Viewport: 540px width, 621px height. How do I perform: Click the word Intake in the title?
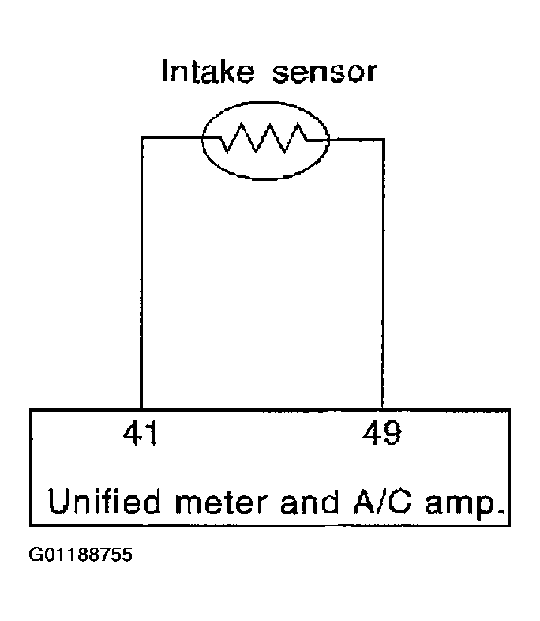208,71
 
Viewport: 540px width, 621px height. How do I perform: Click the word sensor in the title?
324,73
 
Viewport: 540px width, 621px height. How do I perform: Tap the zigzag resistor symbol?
264,138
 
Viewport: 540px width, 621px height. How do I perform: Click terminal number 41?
141,433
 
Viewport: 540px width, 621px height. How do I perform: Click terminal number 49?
382,433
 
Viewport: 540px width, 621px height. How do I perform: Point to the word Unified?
104,501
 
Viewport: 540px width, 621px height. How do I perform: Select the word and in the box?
309,502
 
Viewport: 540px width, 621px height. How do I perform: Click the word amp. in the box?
465,505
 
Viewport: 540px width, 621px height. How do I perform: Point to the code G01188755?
81,555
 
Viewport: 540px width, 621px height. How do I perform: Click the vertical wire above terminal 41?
141,273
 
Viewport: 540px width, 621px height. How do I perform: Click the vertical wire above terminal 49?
383,273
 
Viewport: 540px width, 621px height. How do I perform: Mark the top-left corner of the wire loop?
142,137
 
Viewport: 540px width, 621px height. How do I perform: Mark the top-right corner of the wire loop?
384,140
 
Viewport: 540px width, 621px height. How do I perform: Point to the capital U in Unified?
60,501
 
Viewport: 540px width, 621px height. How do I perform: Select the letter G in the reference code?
35,555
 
